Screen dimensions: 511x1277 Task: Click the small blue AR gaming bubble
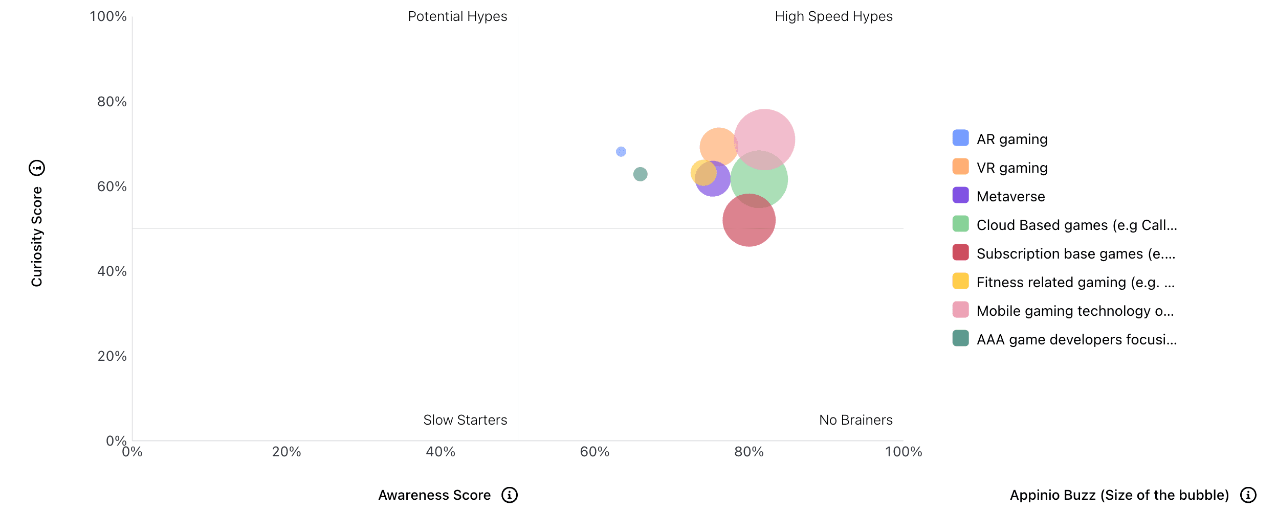click(621, 152)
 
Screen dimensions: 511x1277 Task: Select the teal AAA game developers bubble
click(640, 174)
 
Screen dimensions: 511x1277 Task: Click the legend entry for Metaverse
click(1010, 196)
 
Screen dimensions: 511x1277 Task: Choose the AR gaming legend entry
click(1011, 139)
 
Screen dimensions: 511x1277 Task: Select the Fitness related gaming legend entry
click(1075, 282)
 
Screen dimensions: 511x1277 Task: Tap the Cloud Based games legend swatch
click(960, 224)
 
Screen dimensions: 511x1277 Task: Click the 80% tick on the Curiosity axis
click(112, 102)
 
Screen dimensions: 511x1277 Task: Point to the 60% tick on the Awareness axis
click(595, 452)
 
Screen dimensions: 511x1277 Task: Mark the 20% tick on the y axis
click(112, 356)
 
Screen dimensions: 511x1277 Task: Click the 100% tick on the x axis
click(903, 452)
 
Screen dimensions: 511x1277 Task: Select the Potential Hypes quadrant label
click(457, 16)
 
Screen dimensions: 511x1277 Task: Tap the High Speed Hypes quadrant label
click(833, 16)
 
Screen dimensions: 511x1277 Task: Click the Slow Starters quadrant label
click(465, 420)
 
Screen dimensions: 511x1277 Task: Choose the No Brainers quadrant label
click(855, 420)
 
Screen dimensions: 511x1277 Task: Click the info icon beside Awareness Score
click(510, 495)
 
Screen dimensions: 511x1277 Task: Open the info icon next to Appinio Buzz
click(1248, 495)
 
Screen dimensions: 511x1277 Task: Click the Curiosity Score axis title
click(37, 236)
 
